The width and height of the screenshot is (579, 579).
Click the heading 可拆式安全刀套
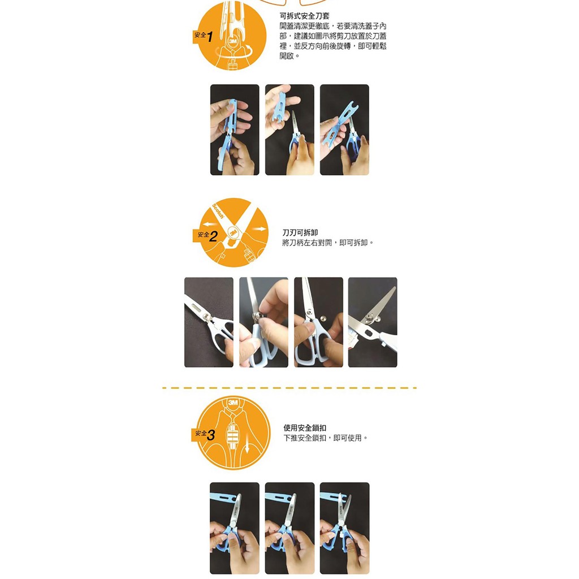[304, 16]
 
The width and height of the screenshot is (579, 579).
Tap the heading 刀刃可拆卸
[300, 232]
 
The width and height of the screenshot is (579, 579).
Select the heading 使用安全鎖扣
[305, 427]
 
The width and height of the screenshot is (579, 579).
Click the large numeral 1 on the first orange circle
[210, 37]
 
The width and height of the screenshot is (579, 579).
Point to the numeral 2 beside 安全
[213, 236]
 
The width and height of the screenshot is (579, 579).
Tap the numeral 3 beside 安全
[211, 435]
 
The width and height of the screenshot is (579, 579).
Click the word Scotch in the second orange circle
[218, 211]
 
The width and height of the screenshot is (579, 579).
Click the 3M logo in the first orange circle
[233, 41]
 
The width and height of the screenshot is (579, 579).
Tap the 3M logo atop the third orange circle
[233, 402]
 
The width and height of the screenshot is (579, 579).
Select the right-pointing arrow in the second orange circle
[259, 229]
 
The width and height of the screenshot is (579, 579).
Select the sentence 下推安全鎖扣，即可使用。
[326, 438]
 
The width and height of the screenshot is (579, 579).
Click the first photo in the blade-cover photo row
[235, 129]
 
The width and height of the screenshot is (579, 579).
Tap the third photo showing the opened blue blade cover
[344, 129]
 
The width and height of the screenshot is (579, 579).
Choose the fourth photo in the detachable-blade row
[373, 322]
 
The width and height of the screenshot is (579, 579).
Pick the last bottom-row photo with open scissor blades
[344, 528]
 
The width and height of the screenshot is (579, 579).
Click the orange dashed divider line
[289, 388]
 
